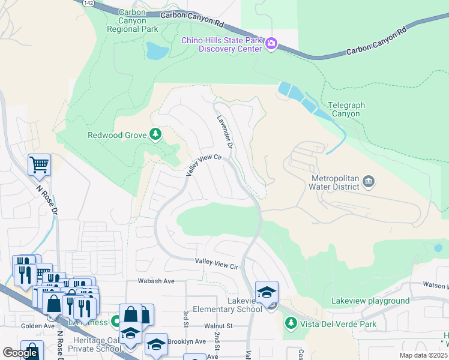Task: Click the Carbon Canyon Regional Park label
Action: (139, 20)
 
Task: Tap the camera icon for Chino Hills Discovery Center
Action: (271, 43)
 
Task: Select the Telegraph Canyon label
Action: (346, 109)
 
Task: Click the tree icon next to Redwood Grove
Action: (156, 133)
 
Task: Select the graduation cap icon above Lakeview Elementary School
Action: (267, 292)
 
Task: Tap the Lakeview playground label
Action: (370, 301)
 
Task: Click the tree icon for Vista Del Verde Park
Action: (291, 323)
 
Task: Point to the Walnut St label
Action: (218, 325)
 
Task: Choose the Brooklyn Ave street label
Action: (187, 341)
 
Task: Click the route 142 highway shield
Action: (89, 3)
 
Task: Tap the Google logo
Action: (20, 353)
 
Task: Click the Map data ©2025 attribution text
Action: (423, 355)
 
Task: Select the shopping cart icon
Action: (39, 164)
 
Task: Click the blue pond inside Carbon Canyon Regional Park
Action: (157, 51)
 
